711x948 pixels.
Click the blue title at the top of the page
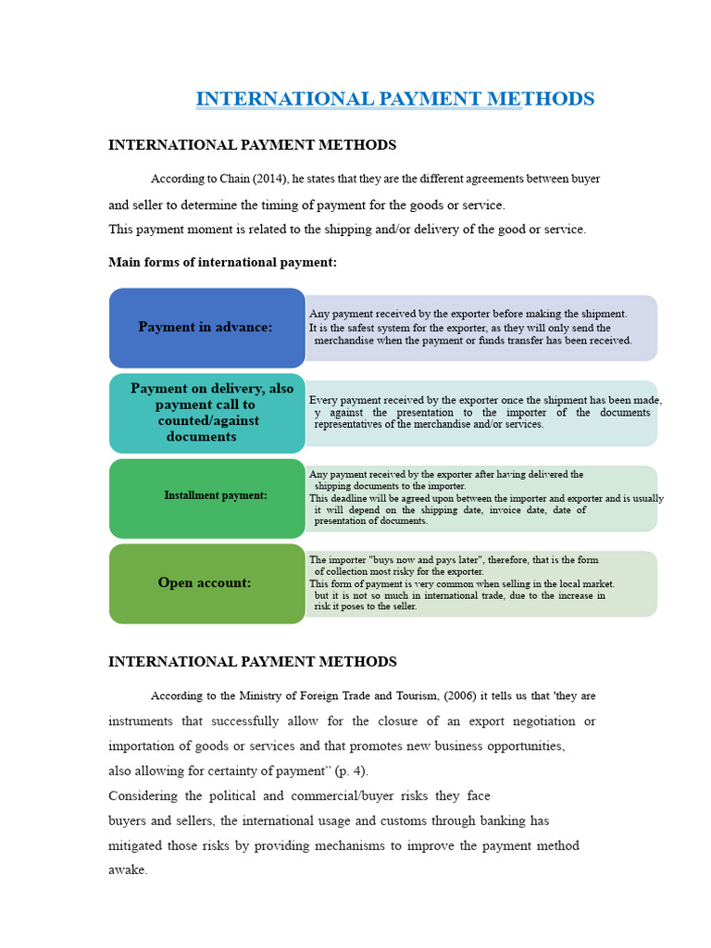[x=394, y=98]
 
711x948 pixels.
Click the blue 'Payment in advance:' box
[x=206, y=327]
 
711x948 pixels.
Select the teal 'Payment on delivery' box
[x=206, y=412]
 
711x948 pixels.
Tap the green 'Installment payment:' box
[x=206, y=495]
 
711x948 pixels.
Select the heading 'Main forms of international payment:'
[x=223, y=263]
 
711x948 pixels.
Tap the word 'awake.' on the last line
[x=128, y=870]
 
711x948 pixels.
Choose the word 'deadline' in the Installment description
[x=352, y=498]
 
